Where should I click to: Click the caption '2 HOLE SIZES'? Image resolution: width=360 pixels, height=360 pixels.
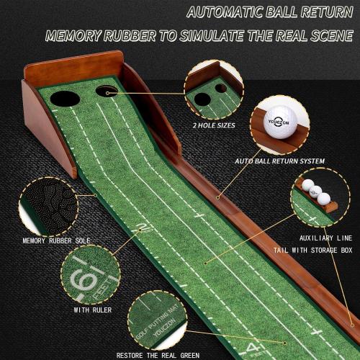[x=215, y=125]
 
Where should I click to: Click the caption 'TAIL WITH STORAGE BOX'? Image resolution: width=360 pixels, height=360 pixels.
[x=312, y=251]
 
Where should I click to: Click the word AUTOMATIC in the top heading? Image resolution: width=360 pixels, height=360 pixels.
[x=231, y=12]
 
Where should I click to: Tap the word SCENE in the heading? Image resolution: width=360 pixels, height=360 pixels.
[x=328, y=36]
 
